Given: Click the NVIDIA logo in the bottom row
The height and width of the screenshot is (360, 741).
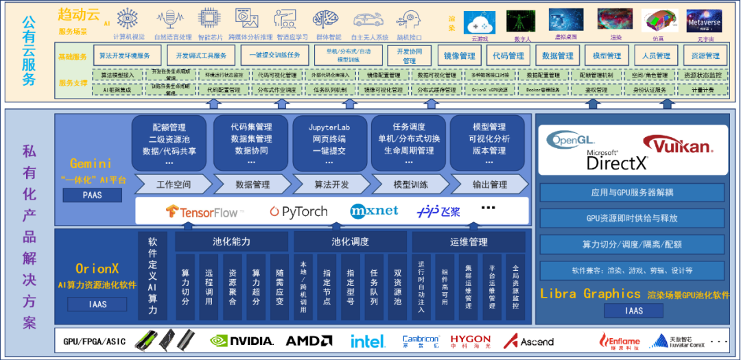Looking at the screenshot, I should (242, 340).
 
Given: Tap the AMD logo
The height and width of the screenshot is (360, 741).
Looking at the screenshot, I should (309, 340).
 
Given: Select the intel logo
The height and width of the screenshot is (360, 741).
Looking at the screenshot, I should (368, 340).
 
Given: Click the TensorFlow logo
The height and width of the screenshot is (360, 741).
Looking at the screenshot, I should (202, 211).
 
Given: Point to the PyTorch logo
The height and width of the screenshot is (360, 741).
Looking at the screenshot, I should (298, 211).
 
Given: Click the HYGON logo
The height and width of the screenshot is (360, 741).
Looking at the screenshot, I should (471, 340).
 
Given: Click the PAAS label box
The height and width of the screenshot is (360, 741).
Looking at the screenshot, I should (92, 195).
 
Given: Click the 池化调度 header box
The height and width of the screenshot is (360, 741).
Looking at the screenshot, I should (350, 241).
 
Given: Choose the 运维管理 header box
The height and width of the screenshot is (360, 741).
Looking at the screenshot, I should (469, 241).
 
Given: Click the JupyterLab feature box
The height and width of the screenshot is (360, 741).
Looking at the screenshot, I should (330, 143).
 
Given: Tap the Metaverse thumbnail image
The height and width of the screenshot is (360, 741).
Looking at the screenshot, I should (704, 22).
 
